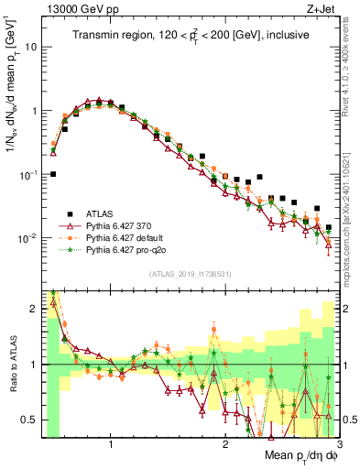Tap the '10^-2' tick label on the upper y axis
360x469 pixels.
[x=27, y=238]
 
